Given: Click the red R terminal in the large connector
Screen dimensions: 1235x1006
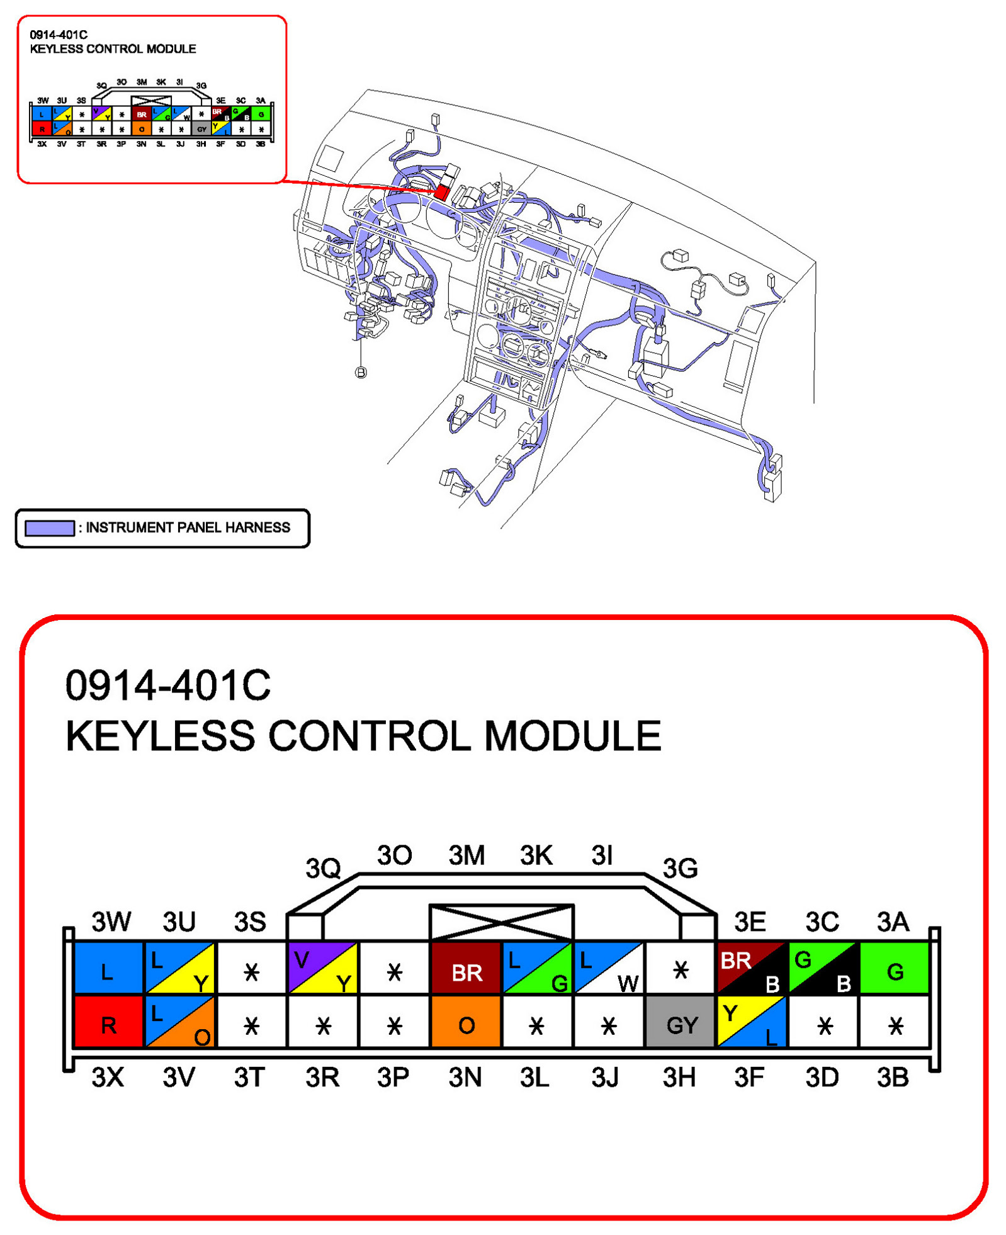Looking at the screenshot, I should [x=108, y=1024].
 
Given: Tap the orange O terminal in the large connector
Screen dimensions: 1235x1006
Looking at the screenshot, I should [x=465, y=1024].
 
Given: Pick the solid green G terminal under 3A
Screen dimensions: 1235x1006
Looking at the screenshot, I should [x=893, y=970].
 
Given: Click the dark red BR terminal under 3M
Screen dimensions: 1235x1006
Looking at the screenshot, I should [x=465, y=970].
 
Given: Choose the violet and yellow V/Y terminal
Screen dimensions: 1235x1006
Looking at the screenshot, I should [x=322, y=970].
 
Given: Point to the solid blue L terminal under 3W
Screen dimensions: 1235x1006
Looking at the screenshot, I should [x=108, y=970].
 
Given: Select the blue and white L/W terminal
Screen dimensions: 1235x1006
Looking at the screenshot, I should [x=608, y=970].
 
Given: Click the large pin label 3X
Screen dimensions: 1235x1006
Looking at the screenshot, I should [x=108, y=1077].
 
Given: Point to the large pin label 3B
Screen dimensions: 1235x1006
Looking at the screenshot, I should [x=892, y=1077].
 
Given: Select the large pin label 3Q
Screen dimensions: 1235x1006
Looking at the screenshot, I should [x=322, y=868].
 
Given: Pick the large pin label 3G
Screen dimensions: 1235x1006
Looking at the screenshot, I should [x=680, y=868].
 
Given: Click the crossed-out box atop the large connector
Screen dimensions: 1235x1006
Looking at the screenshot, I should [x=500, y=922].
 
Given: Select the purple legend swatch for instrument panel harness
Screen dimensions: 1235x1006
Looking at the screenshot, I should [x=49, y=527].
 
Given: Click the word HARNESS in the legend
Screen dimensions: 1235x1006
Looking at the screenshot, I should [x=257, y=527].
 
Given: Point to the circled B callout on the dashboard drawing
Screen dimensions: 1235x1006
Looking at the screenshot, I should [x=361, y=373].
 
